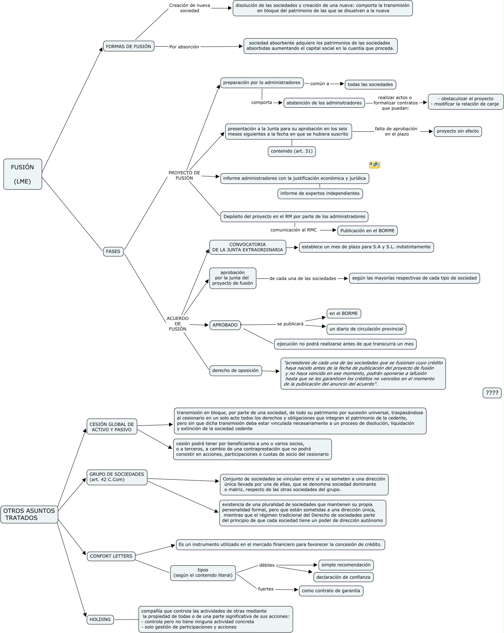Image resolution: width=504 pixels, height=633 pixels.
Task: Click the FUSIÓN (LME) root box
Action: [23, 174]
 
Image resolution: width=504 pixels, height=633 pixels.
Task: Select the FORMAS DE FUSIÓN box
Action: [129, 46]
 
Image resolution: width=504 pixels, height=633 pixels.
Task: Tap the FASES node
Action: [113, 252]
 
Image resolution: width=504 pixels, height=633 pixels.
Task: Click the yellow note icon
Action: [374, 165]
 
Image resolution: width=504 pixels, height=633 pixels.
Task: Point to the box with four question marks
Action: [492, 393]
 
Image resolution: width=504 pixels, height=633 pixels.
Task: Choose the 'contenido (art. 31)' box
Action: [292, 151]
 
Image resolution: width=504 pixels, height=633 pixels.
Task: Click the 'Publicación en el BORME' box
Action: [367, 230]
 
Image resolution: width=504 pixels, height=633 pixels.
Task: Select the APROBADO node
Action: [225, 325]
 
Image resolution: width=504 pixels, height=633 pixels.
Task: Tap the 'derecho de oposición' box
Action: [236, 371]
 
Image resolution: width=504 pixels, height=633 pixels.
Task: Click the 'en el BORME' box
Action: [344, 313]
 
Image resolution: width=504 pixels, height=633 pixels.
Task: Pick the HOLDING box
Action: [100, 620]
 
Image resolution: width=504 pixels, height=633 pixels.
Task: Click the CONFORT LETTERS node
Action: [111, 556]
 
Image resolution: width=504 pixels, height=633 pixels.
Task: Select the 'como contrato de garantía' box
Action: [331, 591]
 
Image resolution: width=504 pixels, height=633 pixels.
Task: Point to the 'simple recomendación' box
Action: [346, 565]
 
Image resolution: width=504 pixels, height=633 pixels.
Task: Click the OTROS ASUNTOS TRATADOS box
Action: [29, 514]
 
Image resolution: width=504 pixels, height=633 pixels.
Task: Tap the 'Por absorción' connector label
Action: [184, 47]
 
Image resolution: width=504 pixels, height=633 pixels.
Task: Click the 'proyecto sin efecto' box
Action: [458, 131]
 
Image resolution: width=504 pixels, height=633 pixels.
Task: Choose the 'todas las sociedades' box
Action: [370, 84]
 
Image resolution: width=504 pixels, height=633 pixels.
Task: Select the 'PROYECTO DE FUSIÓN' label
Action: [184, 175]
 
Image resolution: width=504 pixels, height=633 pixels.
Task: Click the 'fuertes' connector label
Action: [266, 589]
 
